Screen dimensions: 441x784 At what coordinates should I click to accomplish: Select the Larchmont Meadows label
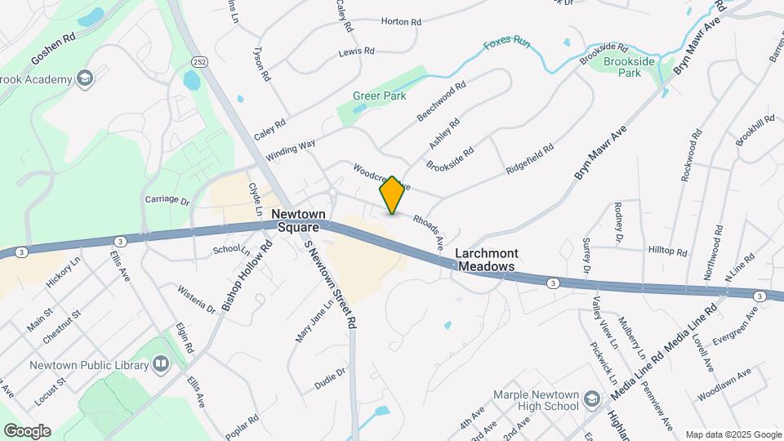[x=487, y=261]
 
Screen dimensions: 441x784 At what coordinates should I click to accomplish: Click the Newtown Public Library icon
[x=161, y=363]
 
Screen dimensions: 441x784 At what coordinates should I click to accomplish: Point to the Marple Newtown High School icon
[x=592, y=398]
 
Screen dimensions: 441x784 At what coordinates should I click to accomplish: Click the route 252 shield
[x=198, y=61]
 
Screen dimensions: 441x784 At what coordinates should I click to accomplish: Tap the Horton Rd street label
[x=400, y=22]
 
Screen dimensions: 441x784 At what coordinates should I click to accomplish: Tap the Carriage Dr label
[x=167, y=199]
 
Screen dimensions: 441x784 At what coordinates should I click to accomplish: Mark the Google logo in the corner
[x=27, y=431]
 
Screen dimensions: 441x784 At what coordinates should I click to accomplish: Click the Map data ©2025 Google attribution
[x=733, y=434]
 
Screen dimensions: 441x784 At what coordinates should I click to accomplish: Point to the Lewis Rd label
[x=356, y=51]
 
